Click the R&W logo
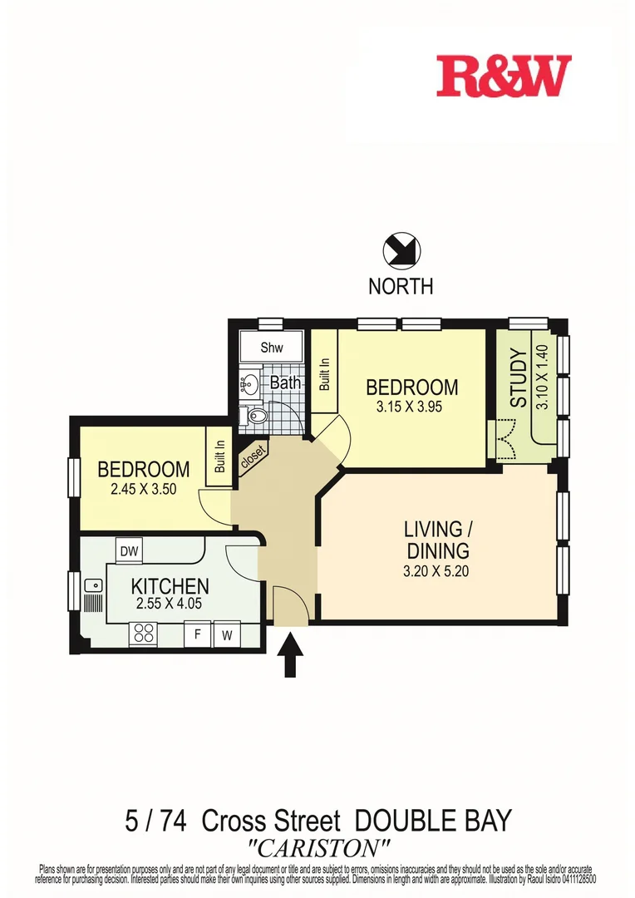[505, 76]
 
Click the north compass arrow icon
[401, 250]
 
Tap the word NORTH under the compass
[401, 287]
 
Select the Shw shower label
[272, 348]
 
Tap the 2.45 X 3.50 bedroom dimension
[143, 489]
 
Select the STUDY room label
[519, 379]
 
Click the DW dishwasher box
[129, 550]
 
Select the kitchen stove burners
[144, 634]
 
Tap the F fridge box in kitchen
[198, 635]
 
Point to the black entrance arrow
[290, 656]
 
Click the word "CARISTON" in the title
[319, 848]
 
